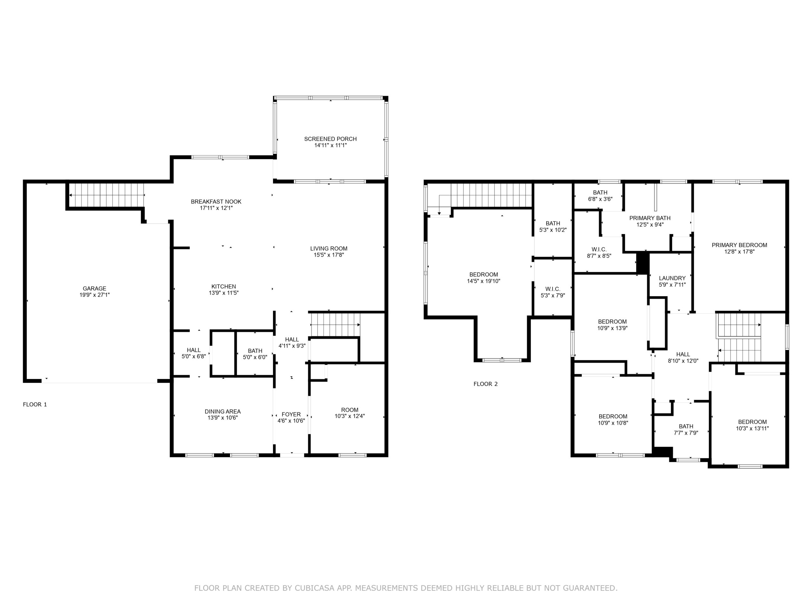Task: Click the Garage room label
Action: pyautogui.click(x=94, y=289)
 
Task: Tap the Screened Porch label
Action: pyautogui.click(x=331, y=139)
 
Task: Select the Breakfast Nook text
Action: pyautogui.click(x=216, y=201)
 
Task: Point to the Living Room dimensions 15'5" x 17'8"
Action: pyautogui.click(x=329, y=255)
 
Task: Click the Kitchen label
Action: pyautogui.click(x=224, y=286)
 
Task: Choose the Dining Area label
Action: pyautogui.click(x=223, y=411)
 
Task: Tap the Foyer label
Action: pyautogui.click(x=291, y=415)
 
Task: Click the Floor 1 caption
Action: pyautogui.click(x=35, y=404)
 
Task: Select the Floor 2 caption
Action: pyautogui.click(x=486, y=384)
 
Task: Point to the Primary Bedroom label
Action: pyautogui.click(x=739, y=245)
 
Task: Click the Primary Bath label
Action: pyautogui.click(x=650, y=218)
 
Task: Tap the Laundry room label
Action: pyautogui.click(x=672, y=278)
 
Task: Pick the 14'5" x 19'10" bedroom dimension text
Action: pyautogui.click(x=483, y=281)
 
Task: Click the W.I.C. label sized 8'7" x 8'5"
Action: pyautogui.click(x=599, y=250)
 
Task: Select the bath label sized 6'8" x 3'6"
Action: pyautogui.click(x=600, y=192)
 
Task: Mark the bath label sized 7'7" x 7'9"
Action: pyautogui.click(x=686, y=426)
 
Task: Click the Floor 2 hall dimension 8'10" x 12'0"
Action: pyautogui.click(x=683, y=361)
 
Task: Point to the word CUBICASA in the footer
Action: pyautogui.click(x=315, y=588)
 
